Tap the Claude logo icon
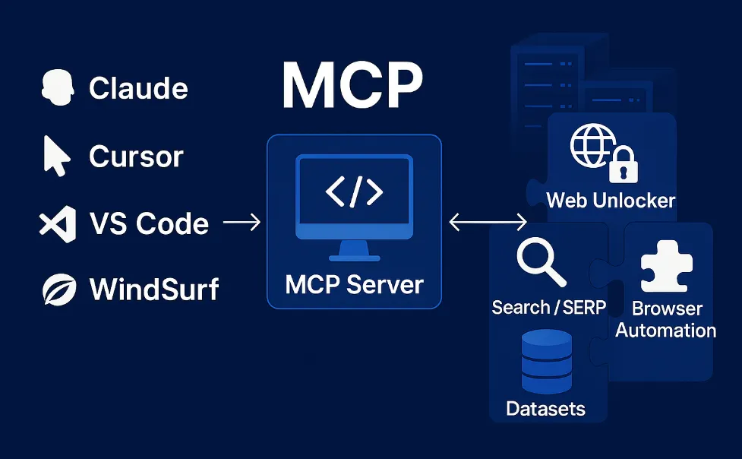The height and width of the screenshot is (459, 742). [x=57, y=87]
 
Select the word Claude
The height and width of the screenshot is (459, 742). [x=138, y=88]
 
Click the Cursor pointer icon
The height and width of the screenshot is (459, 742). [x=55, y=156]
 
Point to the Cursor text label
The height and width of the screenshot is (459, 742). [x=136, y=157]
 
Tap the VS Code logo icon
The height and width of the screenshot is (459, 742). [x=58, y=223]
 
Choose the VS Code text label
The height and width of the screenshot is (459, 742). [x=149, y=223]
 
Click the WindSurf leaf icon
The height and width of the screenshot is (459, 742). [x=58, y=290]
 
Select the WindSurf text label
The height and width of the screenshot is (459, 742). [x=154, y=290]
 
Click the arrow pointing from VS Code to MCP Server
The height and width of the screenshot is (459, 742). [x=242, y=223]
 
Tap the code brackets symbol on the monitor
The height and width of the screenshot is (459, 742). [x=354, y=192]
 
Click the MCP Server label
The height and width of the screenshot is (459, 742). [x=354, y=285]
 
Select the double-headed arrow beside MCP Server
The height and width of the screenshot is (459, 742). [x=488, y=223]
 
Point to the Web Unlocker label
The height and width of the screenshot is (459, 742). [x=611, y=201]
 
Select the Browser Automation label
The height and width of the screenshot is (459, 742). [x=665, y=320]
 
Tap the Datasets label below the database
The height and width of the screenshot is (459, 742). [x=545, y=409]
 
